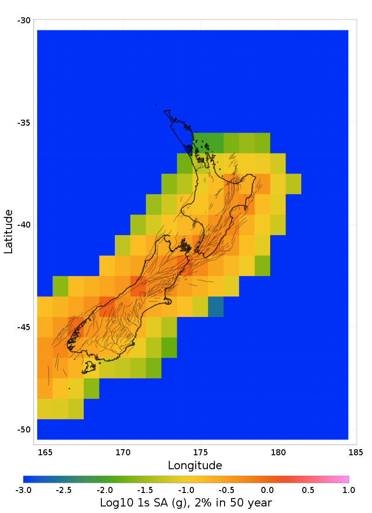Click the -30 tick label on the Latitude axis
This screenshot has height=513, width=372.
coord(24,20)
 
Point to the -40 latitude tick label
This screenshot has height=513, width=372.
coord(24,225)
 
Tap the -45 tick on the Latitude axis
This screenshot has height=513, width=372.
coord(24,327)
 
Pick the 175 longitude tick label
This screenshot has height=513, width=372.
coord(200,452)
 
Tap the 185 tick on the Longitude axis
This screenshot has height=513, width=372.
coord(356,452)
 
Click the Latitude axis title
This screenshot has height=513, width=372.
coord(8,231)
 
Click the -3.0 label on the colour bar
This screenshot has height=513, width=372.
coord(23,490)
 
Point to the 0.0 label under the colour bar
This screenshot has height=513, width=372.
coord(267,490)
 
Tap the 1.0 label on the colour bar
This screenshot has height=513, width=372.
coord(349,490)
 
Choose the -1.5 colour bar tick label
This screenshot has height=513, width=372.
coord(145,490)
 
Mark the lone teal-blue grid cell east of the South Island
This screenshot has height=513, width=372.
coord(216,306)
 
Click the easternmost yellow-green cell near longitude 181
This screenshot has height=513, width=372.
coord(293,184)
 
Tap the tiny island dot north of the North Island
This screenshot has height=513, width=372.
coord(156,105)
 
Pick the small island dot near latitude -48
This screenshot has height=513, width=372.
coord(69,388)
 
